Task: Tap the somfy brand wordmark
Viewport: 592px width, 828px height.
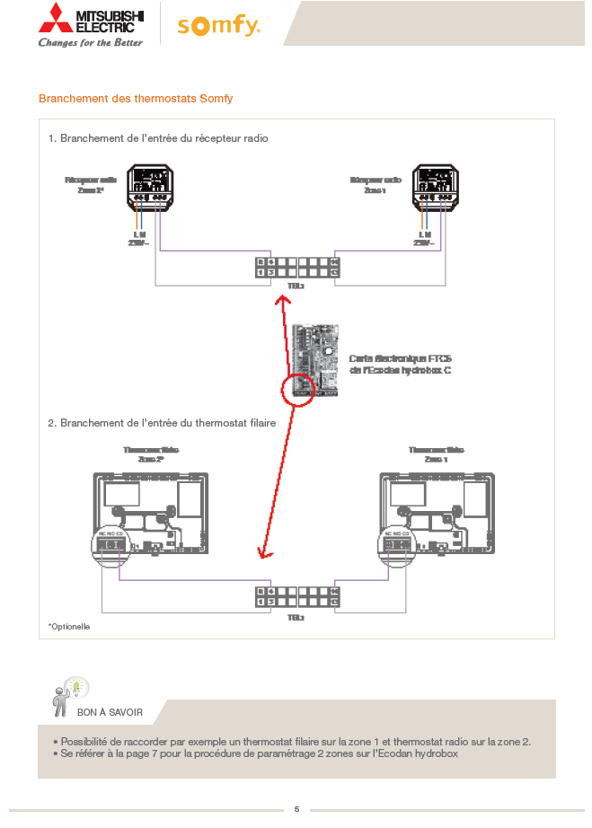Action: tap(218, 27)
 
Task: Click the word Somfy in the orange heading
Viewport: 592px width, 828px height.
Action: tap(216, 99)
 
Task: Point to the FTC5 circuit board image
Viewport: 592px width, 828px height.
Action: tap(314, 361)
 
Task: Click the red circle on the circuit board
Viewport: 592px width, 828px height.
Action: tap(296, 388)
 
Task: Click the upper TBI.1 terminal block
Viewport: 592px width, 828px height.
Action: tap(296, 267)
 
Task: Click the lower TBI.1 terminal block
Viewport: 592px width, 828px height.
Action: tap(296, 597)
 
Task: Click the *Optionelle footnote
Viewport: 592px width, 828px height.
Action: tap(69, 626)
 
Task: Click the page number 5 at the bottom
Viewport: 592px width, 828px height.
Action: tap(296, 809)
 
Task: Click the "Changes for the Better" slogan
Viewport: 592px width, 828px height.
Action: tap(90, 42)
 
